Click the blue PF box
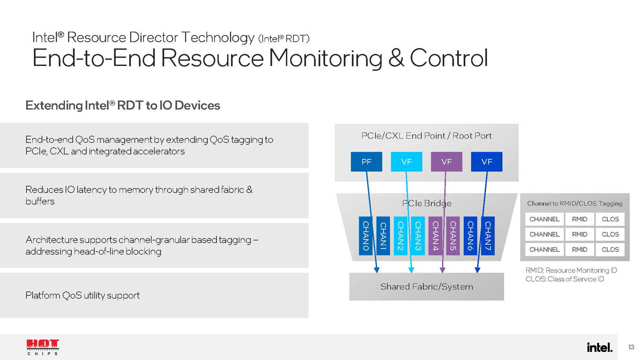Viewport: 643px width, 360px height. point(367,162)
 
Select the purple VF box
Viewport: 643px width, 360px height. point(446,162)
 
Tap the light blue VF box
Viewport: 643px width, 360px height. point(407,162)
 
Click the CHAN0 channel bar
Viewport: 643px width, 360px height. point(365,236)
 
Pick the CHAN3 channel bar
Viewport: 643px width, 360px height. point(418,236)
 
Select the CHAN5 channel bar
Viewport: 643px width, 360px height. point(453,236)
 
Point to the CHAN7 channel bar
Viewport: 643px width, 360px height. point(488,236)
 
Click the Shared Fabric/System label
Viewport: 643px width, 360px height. point(427,287)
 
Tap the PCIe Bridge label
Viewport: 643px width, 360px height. point(427,203)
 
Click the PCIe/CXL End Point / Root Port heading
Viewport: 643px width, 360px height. point(427,136)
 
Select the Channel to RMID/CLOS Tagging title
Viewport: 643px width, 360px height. point(574,204)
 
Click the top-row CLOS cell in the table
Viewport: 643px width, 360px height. point(610,219)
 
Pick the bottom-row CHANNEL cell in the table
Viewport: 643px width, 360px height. point(544,249)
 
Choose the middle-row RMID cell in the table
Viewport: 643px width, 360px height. point(579,234)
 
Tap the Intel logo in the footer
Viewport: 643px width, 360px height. point(599,347)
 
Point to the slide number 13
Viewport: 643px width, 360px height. point(631,348)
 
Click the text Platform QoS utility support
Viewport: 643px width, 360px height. point(83,295)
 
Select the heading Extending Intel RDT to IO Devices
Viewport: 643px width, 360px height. point(123,106)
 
